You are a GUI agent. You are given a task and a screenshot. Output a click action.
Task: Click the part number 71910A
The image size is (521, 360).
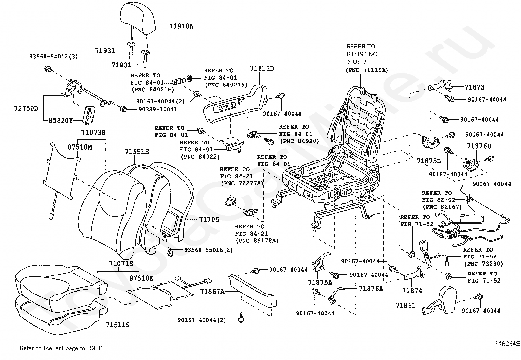[x=181, y=27]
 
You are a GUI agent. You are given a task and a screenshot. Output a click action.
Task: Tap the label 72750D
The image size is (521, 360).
[x=26, y=108]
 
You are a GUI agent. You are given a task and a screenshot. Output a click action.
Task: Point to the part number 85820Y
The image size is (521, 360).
[x=61, y=120]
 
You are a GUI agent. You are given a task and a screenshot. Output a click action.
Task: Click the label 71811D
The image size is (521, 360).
[x=262, y=69]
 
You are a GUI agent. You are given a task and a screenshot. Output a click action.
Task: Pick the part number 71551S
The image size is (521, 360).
[x=137, y=152]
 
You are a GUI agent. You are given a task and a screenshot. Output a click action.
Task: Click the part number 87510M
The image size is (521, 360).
[x=80, y=147]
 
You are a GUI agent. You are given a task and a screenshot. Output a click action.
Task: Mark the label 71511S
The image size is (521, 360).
[x=117, y=325]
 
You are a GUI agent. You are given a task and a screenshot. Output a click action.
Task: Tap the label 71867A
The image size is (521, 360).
[x=212, y=291]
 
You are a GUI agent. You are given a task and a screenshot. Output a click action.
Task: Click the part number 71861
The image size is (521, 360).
[x=405, y=305]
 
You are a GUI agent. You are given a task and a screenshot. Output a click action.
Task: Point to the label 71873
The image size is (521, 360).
[x=475, y=87]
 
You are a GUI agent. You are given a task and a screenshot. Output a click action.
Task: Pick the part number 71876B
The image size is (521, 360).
[x=479, y=146]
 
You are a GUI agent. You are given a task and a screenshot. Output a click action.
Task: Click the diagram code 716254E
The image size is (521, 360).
[x=507, y=344]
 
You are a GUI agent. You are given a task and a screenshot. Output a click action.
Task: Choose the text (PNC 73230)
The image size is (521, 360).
[x=483, y=264]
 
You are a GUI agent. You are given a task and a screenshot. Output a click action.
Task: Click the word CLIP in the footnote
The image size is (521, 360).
[x=97, y=348]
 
